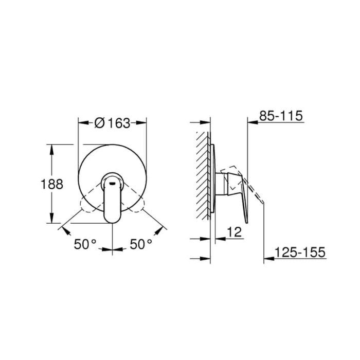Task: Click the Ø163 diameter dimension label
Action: [112, 123]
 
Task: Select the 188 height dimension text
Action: [52, 184]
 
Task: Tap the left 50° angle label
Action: [85, 244]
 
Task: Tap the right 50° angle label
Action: [141, 244]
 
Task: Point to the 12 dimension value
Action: [235, 232]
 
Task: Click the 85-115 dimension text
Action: [281, 116]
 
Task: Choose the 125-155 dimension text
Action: [300, 252]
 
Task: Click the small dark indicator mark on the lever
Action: [112, 183]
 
